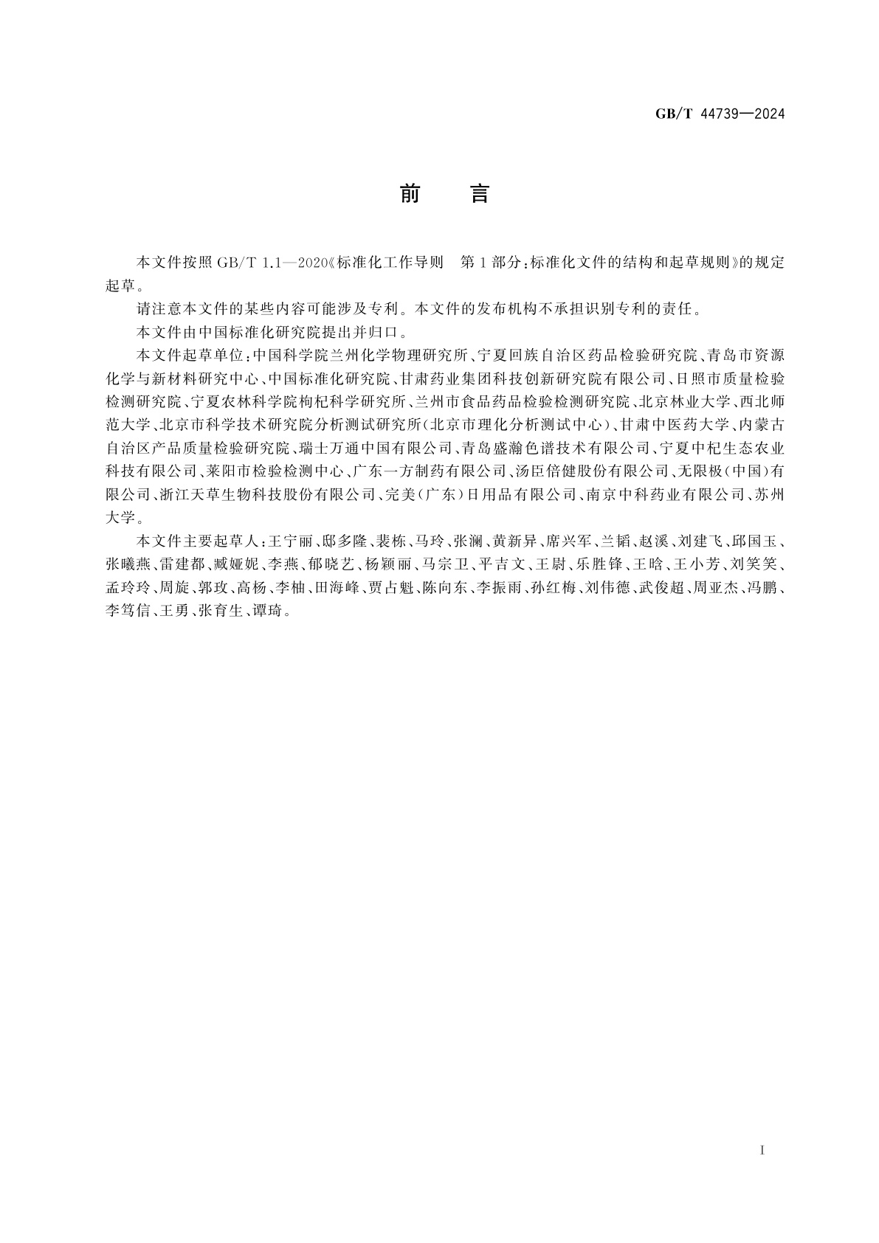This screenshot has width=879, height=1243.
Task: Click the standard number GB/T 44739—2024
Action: pos(720,114)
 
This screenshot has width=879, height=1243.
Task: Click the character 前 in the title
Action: pos(410,195)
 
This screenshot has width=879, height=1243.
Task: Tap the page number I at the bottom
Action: pos(762,1150)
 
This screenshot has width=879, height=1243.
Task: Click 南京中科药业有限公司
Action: pos(665,494)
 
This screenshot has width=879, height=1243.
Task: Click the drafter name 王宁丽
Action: pos(286,541)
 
